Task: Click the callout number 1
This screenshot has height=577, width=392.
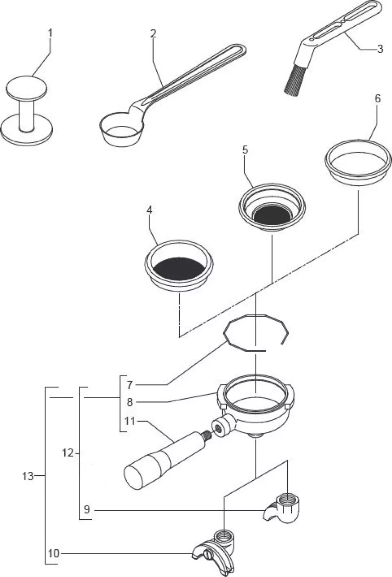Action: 51,33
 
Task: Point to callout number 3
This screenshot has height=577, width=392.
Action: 380,49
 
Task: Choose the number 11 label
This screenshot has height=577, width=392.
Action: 130,420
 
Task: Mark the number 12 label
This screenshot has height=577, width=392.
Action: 67,453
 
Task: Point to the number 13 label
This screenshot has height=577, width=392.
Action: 27,476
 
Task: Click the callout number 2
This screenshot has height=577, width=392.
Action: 153,34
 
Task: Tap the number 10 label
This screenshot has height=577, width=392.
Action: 53,553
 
